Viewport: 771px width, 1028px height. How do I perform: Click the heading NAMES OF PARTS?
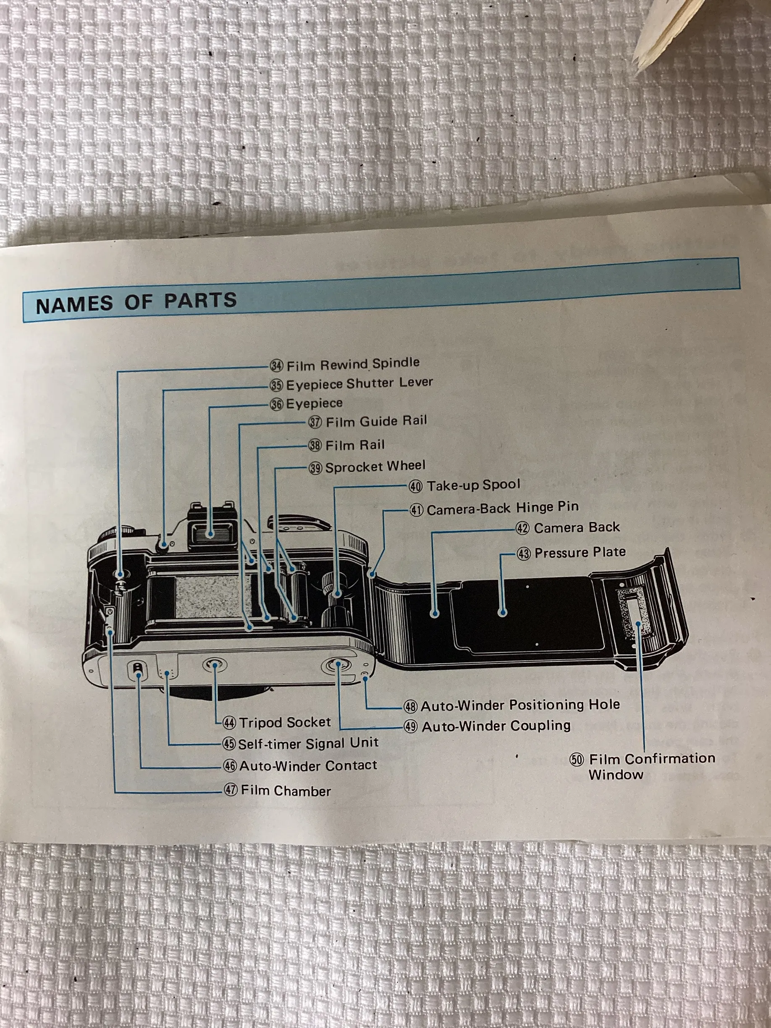(136, 302)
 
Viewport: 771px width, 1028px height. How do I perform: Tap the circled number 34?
(276, 365)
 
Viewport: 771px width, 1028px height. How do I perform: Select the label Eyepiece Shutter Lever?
(359, 383)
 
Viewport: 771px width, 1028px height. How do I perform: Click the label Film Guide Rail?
(376, 421)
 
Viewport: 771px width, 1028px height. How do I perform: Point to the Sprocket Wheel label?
(375, 466)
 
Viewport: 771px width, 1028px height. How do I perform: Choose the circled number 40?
(415, 487)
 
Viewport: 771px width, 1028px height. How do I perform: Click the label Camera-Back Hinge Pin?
(502, 508)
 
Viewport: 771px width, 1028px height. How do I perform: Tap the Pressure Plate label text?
(580, 552)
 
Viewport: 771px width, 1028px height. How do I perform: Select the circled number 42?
(523, 528)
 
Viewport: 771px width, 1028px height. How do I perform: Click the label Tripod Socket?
(285, 722)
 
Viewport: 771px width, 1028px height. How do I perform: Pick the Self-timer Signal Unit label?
(308, 743)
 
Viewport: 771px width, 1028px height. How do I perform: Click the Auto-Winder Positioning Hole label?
(520, 705)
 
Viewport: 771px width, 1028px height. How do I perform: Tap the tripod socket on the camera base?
(215, 665)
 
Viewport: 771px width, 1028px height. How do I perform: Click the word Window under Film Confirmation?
(616, 775)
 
